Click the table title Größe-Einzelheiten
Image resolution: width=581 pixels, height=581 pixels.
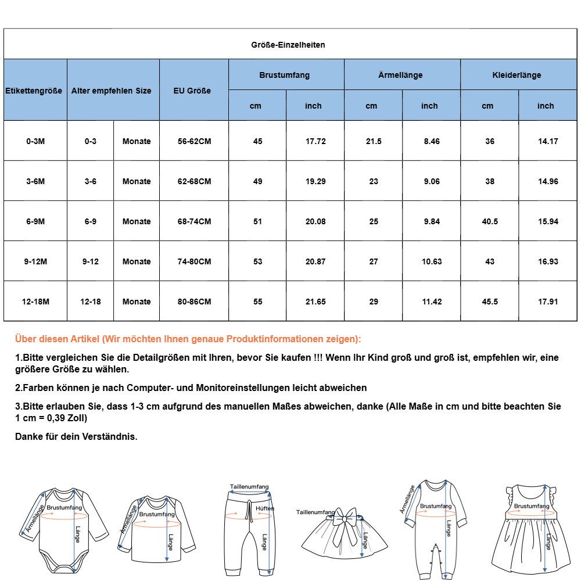pos(288,45)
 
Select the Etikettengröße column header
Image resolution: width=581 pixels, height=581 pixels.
pos(34,91)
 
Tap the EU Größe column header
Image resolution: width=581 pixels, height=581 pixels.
pos(192,91)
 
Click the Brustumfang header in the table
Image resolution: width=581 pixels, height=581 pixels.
pos(284,75)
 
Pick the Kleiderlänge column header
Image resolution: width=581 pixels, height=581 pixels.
pos(517,75)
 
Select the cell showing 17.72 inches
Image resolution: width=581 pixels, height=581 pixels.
pos(315,141)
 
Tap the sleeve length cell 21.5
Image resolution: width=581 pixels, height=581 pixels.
pos(373,141)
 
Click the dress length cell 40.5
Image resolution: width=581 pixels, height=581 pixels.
pos(490,221)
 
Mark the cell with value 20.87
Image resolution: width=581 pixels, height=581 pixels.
pos(315,261)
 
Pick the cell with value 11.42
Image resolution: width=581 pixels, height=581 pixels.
pos(432,302)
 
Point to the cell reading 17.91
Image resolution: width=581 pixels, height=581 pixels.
pos(548,302)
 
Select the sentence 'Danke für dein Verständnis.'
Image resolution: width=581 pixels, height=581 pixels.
pos(76,436)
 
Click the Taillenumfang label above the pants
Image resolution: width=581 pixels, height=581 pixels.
pos(249,487)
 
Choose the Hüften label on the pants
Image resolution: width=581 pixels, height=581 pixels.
pos(265,508)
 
